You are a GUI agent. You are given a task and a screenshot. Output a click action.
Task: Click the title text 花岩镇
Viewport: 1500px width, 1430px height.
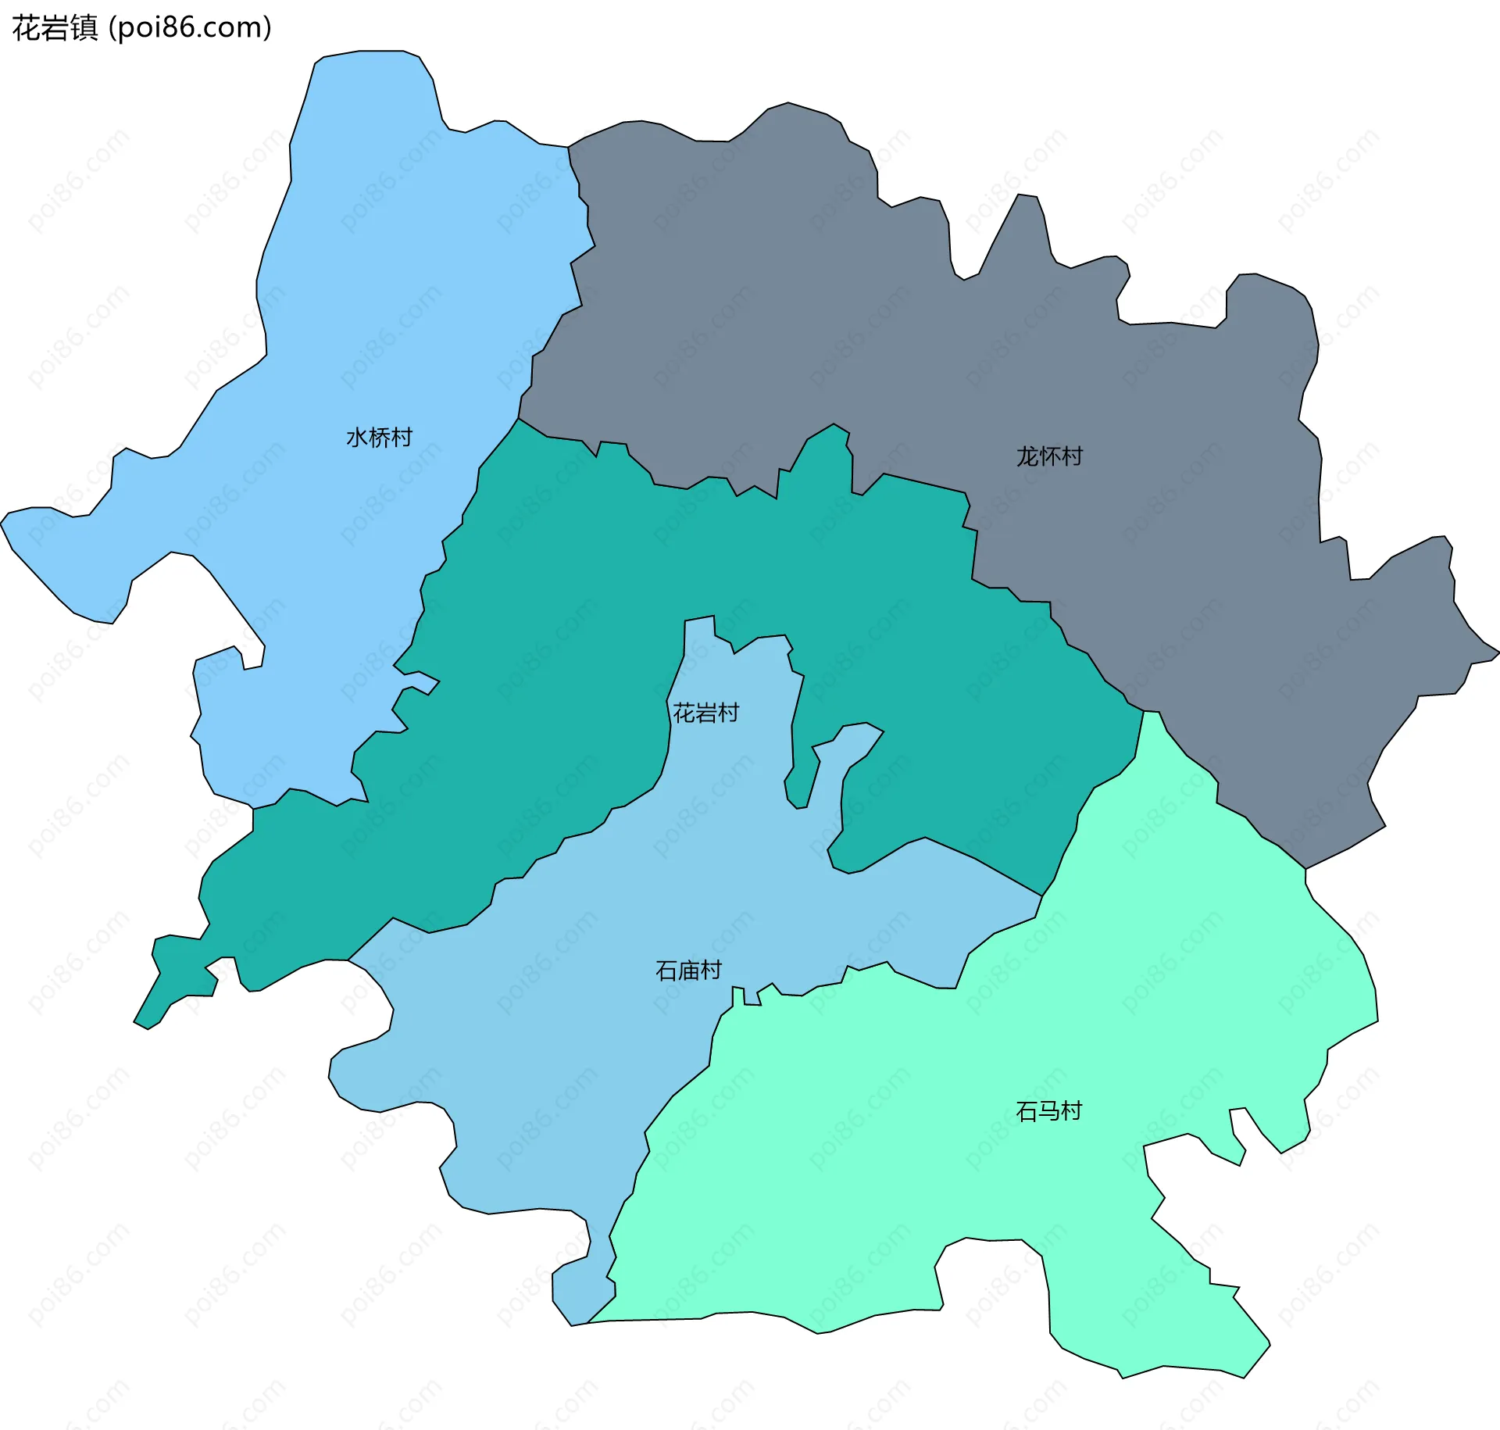pos(55,28)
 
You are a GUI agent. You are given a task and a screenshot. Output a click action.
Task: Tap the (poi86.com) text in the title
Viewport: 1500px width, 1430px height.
pos(190,28)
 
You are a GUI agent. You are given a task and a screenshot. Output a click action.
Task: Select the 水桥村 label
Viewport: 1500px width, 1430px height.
pos(379,438)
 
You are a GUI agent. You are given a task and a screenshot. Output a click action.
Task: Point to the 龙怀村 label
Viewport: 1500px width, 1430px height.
pos(1049,456)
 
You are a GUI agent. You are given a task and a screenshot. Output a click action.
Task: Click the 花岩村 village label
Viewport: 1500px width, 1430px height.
pos(705,713)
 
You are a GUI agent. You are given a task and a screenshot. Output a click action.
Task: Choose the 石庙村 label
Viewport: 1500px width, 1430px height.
pos(688,971)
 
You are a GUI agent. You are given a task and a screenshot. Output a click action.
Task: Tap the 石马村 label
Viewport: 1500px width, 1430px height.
pos(1048,1111)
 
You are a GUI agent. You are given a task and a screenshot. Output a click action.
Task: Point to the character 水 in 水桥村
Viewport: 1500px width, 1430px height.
pos(357,438)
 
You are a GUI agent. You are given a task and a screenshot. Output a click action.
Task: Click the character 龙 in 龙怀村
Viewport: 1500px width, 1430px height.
pos(1027,456)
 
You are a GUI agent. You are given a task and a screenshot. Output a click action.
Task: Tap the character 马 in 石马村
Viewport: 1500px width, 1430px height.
pos(1048,1111)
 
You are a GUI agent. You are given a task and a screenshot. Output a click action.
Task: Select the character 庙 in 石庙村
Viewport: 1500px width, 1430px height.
pos(688,971)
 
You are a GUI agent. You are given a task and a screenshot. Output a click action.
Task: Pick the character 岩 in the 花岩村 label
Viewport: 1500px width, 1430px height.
pos(705,713)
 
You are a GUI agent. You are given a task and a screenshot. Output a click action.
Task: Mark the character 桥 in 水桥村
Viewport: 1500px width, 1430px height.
pos(379,438)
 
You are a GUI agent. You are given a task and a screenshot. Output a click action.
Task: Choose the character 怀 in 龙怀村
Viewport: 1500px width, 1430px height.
pos(1049,456)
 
